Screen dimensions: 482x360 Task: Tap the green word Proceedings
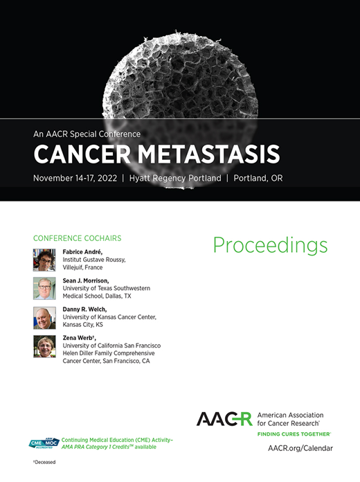(x=270, y=245)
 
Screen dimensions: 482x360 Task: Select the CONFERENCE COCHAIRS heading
(x=77, y=238)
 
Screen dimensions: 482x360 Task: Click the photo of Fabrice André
(x=44, y=260)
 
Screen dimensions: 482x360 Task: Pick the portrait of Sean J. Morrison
(x=44, y=288)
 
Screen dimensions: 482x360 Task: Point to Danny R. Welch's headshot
(x=44, y=317)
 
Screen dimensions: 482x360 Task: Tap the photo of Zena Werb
(x=44, y=346)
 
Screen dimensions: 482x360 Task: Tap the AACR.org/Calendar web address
(x=300, y=448)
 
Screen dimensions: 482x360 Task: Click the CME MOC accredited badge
(x=44, y=444)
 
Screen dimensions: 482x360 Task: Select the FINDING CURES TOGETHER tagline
(x=294, y=434)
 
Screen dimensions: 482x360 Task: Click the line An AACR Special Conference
(x=87, y=134)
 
